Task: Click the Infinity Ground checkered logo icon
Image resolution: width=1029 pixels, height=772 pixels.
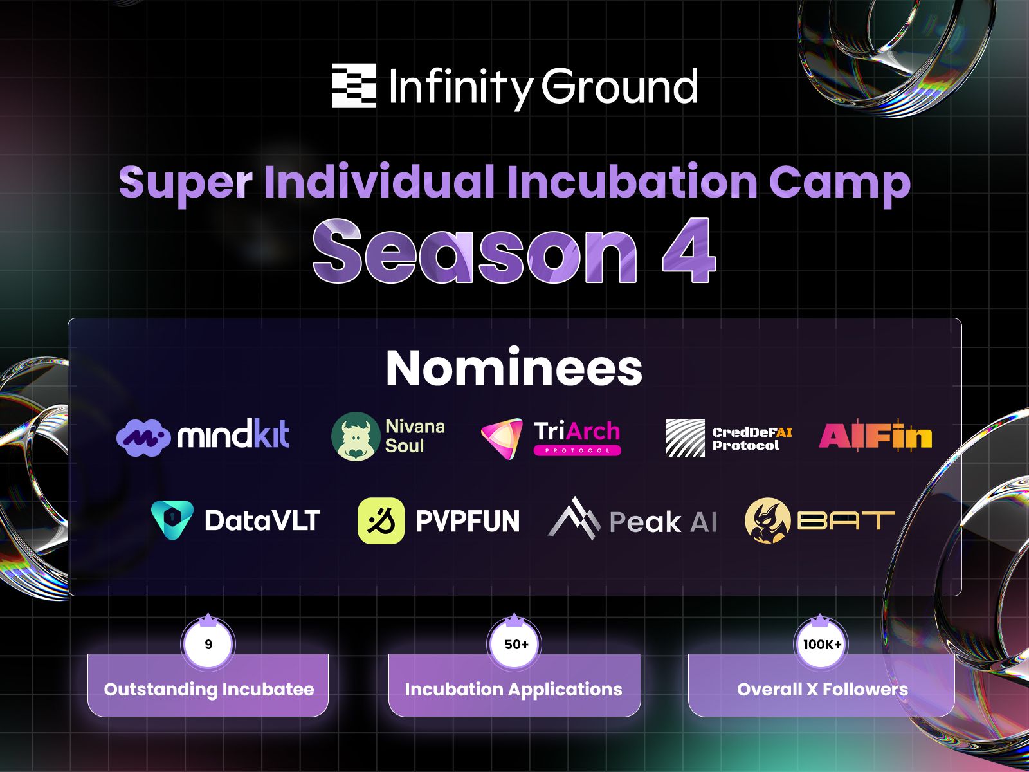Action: (x=354, y=86)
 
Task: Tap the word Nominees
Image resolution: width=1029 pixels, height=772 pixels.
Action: (x=514, y=369)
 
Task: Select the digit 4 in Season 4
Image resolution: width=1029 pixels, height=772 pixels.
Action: (x=689, y=251)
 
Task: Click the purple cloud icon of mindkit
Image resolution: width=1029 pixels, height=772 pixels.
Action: (x=143, y=438)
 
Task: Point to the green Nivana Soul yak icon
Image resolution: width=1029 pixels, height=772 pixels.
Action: (x=356, y=436)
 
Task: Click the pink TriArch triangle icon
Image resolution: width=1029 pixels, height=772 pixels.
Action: (x=502, y=438)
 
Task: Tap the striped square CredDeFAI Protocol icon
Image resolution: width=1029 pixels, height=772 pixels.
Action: (x=686, y=438)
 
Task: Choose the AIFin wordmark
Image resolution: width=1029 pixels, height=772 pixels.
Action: (x=875, y=436)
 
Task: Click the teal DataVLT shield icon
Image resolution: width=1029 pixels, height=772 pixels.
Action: (x=172, y=520)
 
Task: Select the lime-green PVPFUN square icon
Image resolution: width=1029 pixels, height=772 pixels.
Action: (x=381, y=520)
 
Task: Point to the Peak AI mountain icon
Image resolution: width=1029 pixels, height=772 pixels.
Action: (x=574, y=519)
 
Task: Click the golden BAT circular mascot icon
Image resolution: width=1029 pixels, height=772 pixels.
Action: (x=767, y=520)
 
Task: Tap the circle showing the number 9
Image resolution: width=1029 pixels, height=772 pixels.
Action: (x=208, y=644)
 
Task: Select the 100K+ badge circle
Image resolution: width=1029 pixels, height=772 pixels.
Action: (x=822, y=644)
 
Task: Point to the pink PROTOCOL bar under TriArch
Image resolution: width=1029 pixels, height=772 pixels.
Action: (x=577, y=450)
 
